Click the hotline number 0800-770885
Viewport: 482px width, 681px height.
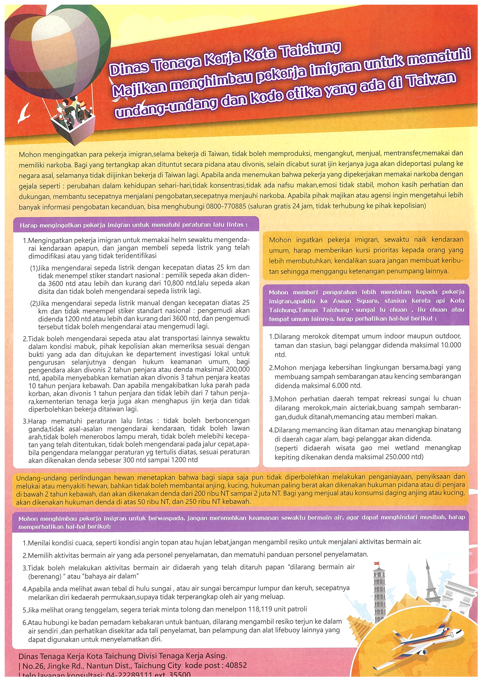[x=226, y=206]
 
